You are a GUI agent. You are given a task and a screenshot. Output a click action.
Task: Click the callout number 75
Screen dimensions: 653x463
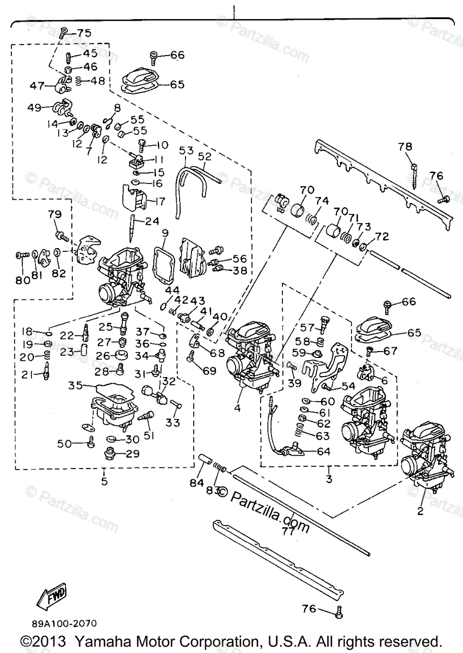[x=84, y=33]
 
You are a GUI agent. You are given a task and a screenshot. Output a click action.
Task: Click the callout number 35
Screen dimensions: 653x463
[x=75, y=386]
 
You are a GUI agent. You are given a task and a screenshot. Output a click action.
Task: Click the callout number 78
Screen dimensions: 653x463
[x=419, y=146]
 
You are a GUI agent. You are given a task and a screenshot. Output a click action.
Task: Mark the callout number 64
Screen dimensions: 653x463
[x=324, y=451]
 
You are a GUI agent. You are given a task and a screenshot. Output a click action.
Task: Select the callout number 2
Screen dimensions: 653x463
[x=419, y=511]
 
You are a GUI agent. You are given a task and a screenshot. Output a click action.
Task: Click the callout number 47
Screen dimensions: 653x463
[x=36, y=85]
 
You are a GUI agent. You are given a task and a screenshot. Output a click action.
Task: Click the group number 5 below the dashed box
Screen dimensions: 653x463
[x=104, y=480]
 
